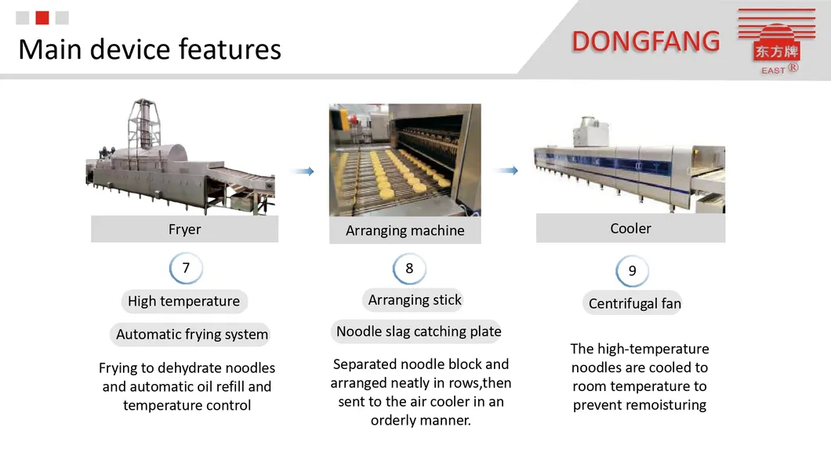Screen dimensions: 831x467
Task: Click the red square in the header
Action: (x=42, y=18)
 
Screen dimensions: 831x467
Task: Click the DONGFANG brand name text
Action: (x=645, y=42)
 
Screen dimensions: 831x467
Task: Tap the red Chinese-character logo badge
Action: (x=776, y=51)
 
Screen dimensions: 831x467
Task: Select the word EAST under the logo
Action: (x=773, y=71)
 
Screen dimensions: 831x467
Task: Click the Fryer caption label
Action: (x=184, y=230)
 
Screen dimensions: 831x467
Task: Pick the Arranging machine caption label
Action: (x=405, y=230)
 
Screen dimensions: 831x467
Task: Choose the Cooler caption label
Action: (x=630, y=228)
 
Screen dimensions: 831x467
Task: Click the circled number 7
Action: (x=186, y=268)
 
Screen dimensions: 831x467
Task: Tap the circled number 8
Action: (x=409, y=269)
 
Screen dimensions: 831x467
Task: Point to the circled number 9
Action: (x=632, y=270)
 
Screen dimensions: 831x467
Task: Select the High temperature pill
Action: (x=184, y=301)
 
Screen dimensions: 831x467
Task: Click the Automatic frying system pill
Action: (x=191, y=335)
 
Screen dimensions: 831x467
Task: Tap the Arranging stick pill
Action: (x=415, y=300)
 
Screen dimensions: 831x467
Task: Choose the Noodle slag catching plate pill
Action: (x=418, y=331)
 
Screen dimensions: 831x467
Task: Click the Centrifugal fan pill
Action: (x=634, y=303)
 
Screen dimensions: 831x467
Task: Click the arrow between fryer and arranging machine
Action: (x=303, y=171)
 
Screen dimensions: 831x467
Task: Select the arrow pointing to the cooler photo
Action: (x=506, y=171)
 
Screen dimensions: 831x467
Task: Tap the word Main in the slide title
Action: (x=50, y=50)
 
